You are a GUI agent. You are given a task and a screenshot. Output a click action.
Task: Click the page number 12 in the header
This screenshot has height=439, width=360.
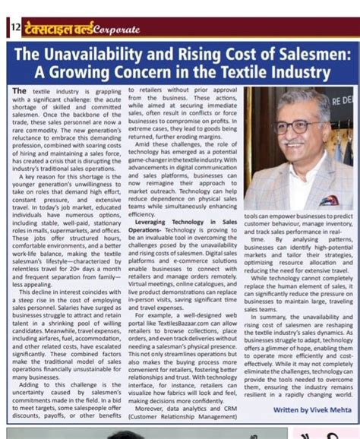(14, 27)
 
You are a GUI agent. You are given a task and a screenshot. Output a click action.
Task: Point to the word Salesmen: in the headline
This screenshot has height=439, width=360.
(311, 56)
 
